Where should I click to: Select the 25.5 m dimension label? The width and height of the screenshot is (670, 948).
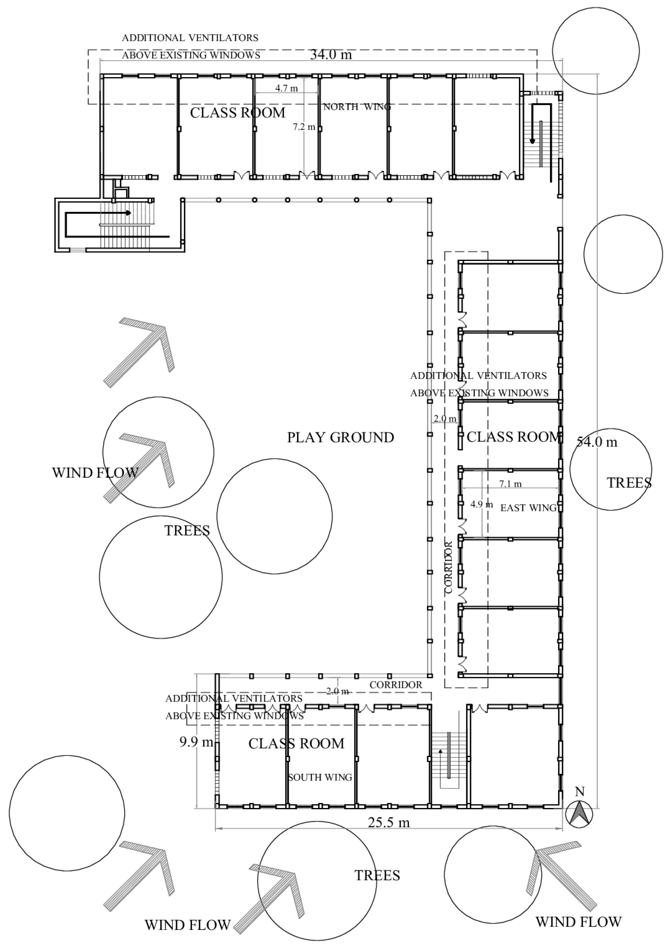coord(389,823)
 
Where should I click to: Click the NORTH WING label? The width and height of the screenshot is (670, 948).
coord(357,107)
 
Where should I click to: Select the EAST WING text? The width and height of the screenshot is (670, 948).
coord(529,508)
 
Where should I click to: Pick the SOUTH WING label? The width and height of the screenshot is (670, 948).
coord(320,777)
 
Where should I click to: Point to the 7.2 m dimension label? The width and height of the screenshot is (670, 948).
coord(304,127)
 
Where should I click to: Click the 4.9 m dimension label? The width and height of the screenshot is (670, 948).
coord(482,504)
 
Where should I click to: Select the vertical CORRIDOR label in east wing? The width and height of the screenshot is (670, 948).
coord(449,567)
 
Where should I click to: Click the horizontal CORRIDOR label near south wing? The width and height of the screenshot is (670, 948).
coord(395,685)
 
